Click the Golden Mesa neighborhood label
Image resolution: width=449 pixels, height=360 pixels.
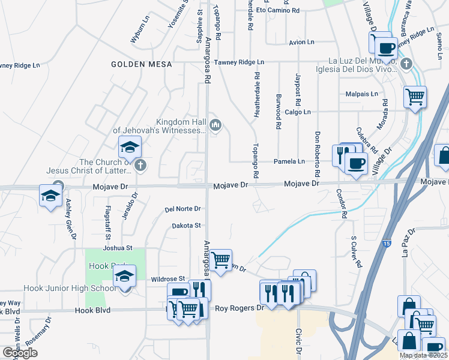(142, 64)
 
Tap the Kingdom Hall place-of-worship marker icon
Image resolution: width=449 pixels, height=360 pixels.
(216, 125)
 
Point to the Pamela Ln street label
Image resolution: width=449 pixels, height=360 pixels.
(289, 161)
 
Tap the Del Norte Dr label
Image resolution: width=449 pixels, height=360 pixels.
(182, 209)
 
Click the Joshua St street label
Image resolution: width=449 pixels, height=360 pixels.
(117, 247)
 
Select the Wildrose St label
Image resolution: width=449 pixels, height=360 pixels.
(168, 279)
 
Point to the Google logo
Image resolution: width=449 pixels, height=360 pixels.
(20, 353)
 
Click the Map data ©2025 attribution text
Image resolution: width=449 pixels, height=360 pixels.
(423, 355)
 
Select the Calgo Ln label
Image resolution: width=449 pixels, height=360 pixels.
(298, 112)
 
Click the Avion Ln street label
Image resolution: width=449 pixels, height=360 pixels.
(301, 43)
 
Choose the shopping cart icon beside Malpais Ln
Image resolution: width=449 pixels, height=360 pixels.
(415, 96)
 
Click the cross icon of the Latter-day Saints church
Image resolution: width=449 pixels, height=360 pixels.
(140, 165)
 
